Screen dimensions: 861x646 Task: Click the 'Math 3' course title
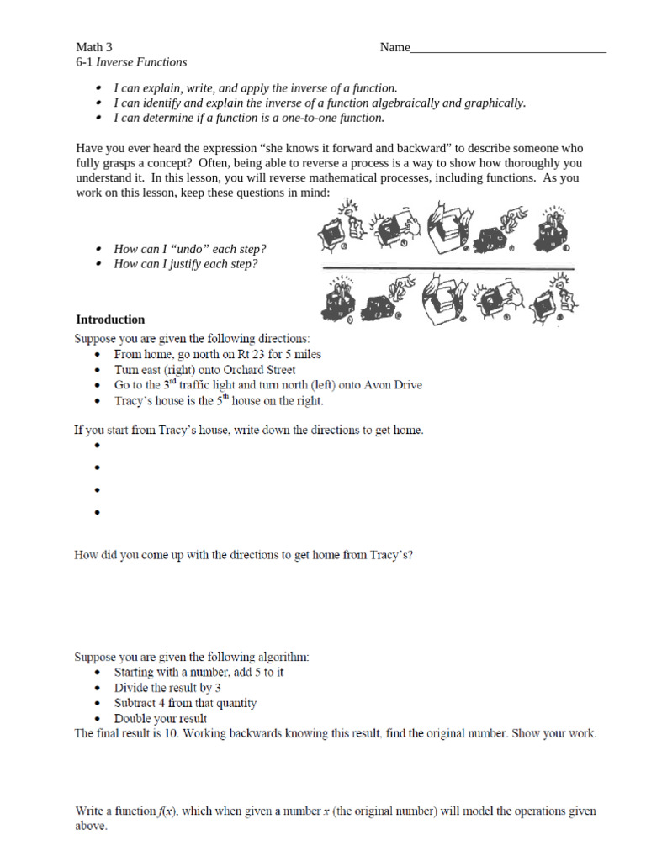click(x=94, y=48)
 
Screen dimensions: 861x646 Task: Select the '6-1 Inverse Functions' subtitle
click(x=131, y=62)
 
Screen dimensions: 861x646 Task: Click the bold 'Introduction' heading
click(x=110, y=320)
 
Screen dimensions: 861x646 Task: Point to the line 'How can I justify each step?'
click(x=185, y=264)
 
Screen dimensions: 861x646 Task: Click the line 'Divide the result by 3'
click(x=167, y=688)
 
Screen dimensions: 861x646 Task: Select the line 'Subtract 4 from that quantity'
click(x=185, y=703)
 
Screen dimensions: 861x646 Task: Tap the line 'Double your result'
click(x=160, y=719)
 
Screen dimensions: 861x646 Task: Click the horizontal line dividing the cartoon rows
click(x=446, y=268)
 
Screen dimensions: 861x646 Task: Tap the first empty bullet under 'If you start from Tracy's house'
click(x=98, y=446)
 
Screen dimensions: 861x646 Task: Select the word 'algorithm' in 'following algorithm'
click(x=282, y=656)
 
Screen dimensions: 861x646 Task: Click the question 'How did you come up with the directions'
click(x=244, y=555)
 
